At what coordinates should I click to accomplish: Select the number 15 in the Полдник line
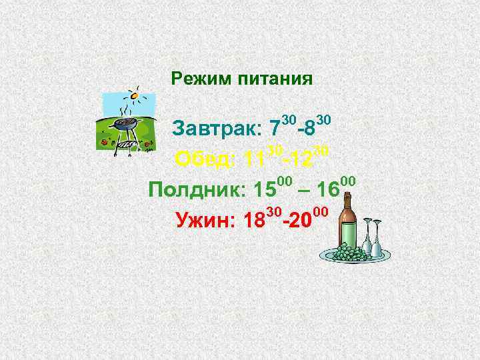coord(265,190)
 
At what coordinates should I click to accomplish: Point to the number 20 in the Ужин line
coord(301,220)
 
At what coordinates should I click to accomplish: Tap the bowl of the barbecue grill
coord(125,124)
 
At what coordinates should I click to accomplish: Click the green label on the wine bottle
coord(349,233)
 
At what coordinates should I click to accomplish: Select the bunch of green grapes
coord(349,253)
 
